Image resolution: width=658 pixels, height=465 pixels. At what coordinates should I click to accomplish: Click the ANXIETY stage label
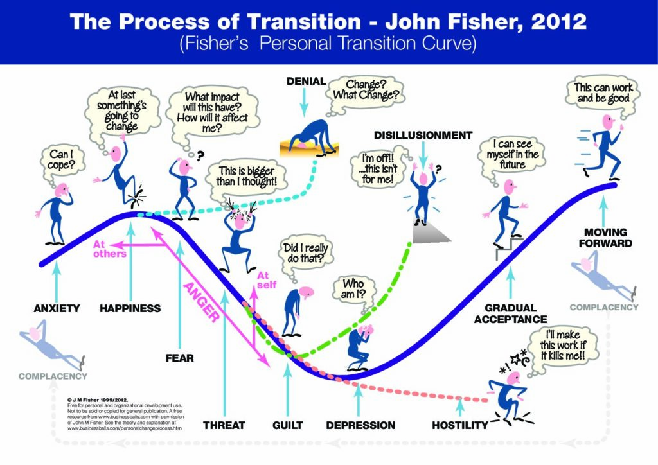(57, 308)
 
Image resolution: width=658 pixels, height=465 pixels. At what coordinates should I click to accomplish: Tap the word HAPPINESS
(130, 308)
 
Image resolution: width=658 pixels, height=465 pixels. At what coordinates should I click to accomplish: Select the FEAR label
(180, 358)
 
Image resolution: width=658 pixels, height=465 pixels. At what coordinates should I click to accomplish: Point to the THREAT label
(224, 425)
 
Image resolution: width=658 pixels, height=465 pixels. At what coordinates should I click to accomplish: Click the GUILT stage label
(287, 425)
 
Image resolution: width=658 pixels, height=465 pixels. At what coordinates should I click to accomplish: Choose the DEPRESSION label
(360, 425)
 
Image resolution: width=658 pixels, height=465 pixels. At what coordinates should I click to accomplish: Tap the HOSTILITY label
(460, 425)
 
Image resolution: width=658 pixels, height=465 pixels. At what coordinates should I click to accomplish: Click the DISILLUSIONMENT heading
(423, 136)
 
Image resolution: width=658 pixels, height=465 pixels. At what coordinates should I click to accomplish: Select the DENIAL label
(306, 82)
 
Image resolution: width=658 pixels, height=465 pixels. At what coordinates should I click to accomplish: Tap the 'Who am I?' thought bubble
(354, 289)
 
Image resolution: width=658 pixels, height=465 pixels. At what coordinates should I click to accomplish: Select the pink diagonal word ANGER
(201, 303)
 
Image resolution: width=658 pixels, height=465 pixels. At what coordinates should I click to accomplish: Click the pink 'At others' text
(109, 249)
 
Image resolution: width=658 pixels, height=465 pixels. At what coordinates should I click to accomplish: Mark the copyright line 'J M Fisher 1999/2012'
(98, 400)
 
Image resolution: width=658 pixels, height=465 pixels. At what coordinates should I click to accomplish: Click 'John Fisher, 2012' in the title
(486, 22)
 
